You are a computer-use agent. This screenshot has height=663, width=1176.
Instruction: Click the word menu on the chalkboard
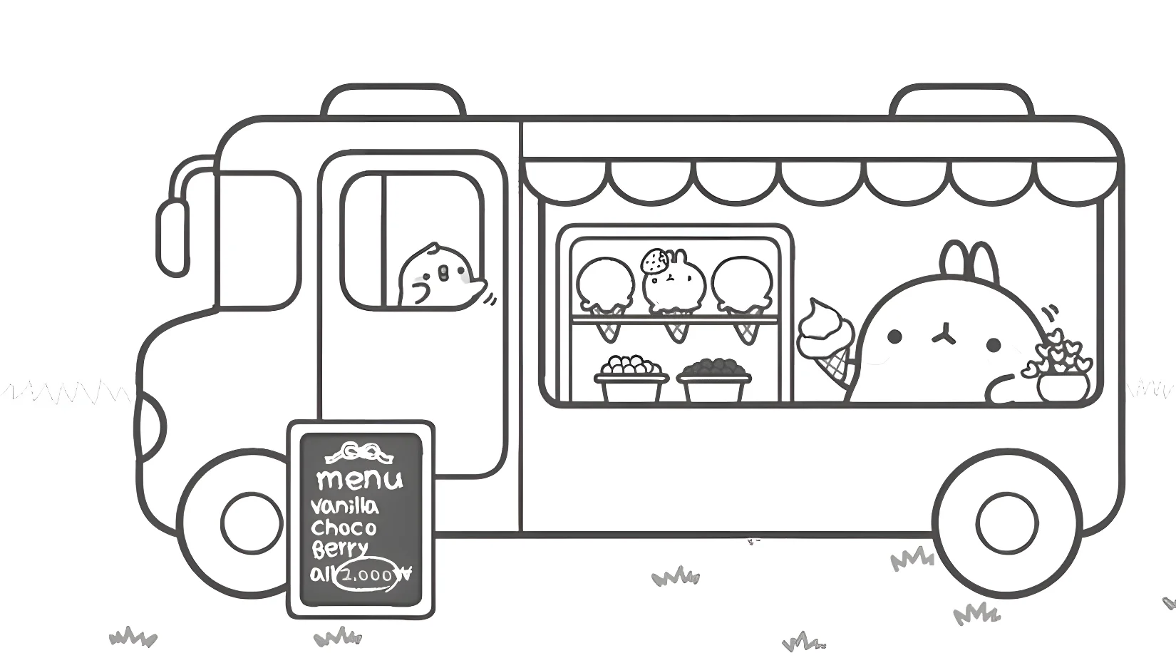(360, 479)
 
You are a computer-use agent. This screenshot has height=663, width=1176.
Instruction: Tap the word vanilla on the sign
(344, 506)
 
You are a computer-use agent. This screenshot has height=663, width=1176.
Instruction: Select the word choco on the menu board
(344, 527)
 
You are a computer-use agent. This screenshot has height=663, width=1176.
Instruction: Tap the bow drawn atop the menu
(359, 453)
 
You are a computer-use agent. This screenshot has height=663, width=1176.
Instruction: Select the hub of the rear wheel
(1008, 523)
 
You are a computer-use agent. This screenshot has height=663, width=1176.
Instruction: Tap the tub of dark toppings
(713, 380)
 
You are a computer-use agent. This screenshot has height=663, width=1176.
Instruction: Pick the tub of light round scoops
(631, 379)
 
